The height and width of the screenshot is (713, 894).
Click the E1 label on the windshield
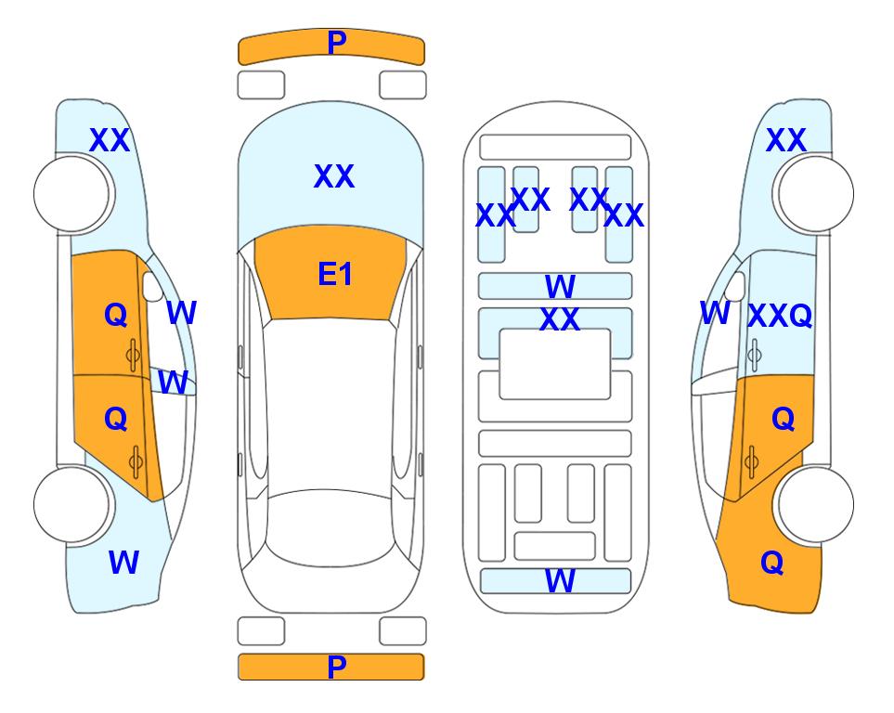coord(335,274)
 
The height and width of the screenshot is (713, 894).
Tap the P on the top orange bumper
coord(337,43)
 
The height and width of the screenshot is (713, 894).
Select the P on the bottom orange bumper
coord(337,667)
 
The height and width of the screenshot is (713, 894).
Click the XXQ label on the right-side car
coord(780,315)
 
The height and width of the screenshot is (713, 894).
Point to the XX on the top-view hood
coord(334,176)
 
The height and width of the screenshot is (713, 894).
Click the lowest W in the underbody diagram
coord(560,581)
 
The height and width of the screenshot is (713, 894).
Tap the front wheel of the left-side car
coord(73,194)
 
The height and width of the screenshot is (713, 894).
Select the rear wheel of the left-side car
coord(73,504)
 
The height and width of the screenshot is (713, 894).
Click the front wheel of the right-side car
coord(814,194)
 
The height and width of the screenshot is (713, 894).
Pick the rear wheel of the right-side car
coord(814,504)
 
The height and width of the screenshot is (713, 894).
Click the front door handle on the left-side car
coord(134,356)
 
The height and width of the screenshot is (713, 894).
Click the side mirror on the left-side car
coord(152,286)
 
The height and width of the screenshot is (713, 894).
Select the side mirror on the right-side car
coord(735,286)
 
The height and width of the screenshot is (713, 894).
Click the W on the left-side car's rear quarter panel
coord(123,563)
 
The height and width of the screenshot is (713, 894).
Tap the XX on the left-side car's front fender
coord(110,140)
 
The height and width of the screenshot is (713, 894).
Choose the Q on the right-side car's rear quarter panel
coord(772,563)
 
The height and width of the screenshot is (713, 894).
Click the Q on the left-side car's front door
coord(116,315)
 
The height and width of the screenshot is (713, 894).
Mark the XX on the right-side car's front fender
coord(786,140)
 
